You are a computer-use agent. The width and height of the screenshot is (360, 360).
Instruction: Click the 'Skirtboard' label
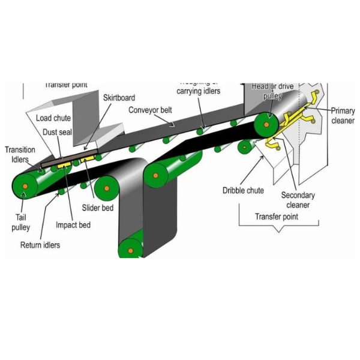(119, 98)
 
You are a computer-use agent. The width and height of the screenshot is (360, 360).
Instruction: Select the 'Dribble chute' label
(243, 191)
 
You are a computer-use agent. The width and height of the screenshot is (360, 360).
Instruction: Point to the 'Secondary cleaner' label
(298, 200)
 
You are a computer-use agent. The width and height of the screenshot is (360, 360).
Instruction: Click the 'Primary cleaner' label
(343, 115)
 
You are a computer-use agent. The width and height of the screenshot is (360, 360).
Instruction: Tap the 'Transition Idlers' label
(20, 154)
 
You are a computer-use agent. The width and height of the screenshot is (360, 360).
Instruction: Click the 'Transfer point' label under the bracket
(276, 217)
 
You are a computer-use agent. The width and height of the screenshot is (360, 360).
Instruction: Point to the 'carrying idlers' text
(198, 91)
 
